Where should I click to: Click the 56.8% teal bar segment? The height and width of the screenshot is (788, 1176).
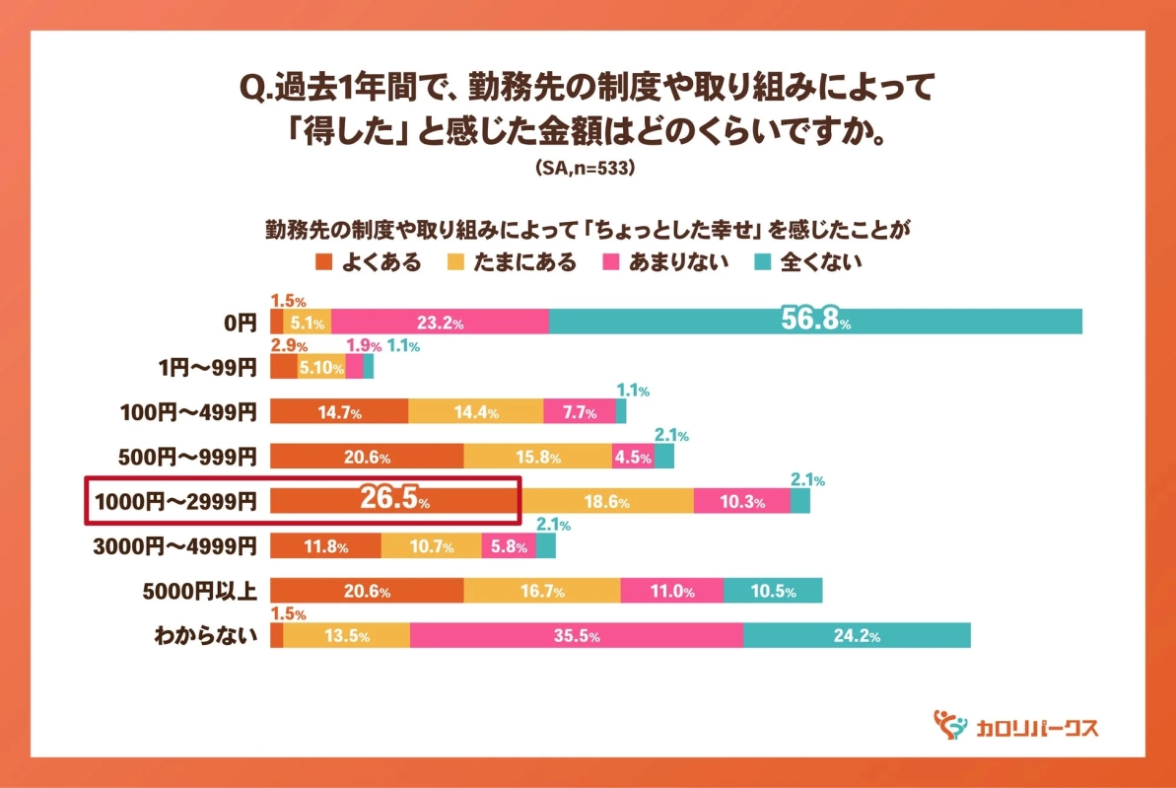click(814, 322)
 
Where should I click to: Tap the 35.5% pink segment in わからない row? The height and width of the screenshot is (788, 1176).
click(576, 636)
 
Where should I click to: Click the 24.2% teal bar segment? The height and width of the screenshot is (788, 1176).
click(856, 636)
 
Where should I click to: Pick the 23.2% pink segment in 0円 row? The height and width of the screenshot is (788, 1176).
click(440, 322)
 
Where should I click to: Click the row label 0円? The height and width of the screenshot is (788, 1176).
click(240, 322)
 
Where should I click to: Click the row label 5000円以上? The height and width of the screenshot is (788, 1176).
click(201, 592)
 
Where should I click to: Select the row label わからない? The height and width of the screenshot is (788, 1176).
click(205, 636)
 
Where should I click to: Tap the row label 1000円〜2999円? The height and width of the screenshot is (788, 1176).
click(175, 501)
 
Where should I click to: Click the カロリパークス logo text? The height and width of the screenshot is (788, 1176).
click(1036, 728)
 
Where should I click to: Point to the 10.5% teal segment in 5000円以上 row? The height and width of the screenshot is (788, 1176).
click(772, 592)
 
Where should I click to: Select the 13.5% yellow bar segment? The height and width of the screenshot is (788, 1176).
click(346, 636)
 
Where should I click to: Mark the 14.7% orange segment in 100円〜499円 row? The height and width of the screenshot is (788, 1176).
click(338, 411)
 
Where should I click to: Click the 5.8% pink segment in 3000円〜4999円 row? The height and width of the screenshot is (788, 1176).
click(508, 546)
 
